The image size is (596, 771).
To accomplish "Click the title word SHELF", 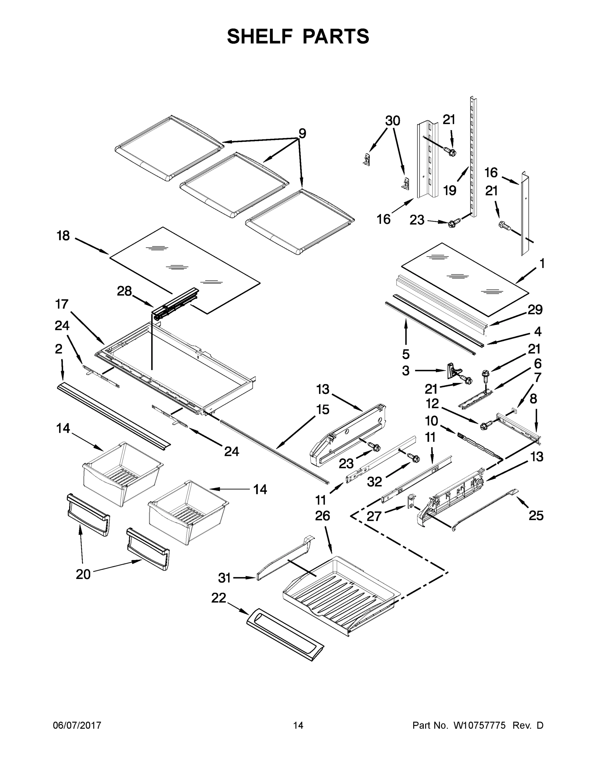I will click(260, 36).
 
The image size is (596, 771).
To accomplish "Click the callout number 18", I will click(64, 235).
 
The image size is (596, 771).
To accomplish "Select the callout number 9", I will click(302, 133).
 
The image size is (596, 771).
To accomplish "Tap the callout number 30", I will click(392, 121).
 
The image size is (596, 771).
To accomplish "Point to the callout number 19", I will click(449, 191).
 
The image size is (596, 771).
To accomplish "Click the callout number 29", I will click(535, 310).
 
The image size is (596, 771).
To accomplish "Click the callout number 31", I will click(224, 578).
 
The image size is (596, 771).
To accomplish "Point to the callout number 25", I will click(536, 516).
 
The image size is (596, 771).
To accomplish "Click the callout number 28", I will click(124, 291).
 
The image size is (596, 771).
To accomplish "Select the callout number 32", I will click(374, 482).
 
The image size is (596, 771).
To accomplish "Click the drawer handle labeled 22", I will click(285, 634).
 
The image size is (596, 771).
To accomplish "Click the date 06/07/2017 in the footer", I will click(77, 725).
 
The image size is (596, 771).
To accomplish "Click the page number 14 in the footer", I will click(298, 725).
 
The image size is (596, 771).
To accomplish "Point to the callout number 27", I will click(374, 516).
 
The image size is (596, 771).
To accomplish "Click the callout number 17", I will click(62, 304).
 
